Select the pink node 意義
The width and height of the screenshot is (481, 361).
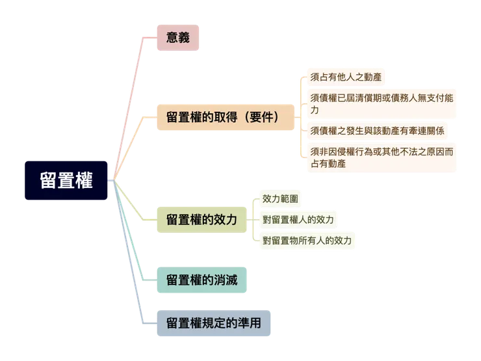point(177,37)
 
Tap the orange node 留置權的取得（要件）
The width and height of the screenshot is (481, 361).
point(222,118)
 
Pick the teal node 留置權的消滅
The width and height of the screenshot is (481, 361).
point(201,280)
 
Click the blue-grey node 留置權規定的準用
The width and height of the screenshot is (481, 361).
point(214,323)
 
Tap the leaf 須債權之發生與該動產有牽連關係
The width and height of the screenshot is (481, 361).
point(377,131)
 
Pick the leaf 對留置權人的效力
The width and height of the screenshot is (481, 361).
point(298,219)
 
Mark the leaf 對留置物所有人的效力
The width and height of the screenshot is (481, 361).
point(306,241)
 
